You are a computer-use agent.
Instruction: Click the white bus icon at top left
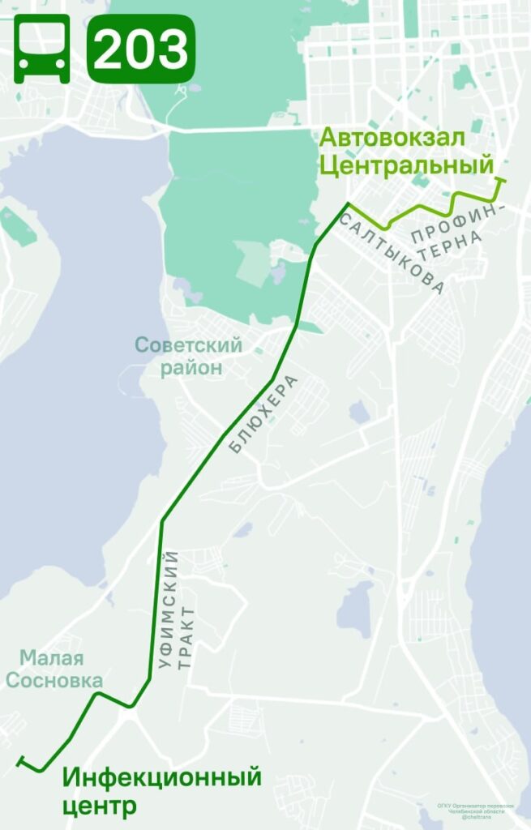41,48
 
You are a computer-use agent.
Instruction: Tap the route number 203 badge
141,49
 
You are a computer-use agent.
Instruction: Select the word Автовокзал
392,139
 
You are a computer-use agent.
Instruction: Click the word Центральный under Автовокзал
405,167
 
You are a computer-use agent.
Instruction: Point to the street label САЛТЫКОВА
392,254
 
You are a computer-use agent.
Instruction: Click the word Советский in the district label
188,346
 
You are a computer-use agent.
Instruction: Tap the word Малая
52,658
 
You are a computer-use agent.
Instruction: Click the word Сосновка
54,680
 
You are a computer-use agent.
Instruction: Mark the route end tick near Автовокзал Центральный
501,180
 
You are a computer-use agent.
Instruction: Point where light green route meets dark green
349,203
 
